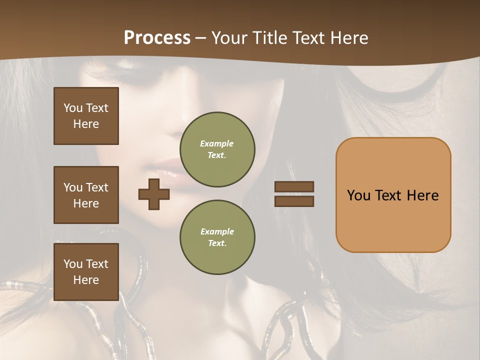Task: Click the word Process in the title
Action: (157, 38)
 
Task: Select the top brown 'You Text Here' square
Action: (86, 116)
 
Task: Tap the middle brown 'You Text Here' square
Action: (86, 195)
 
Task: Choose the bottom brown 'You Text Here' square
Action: (86, 272)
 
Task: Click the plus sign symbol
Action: (153, 194)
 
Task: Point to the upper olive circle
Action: (217, 149)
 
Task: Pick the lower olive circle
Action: (217, 237)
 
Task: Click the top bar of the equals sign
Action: (294, 187)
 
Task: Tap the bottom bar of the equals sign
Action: (294, 201)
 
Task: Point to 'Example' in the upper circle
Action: (216, 144)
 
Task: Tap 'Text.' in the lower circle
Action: (216, 243)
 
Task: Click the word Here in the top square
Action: (86, 124)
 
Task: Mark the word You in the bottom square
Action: (73, 264)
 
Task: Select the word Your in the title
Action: (230, 38)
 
